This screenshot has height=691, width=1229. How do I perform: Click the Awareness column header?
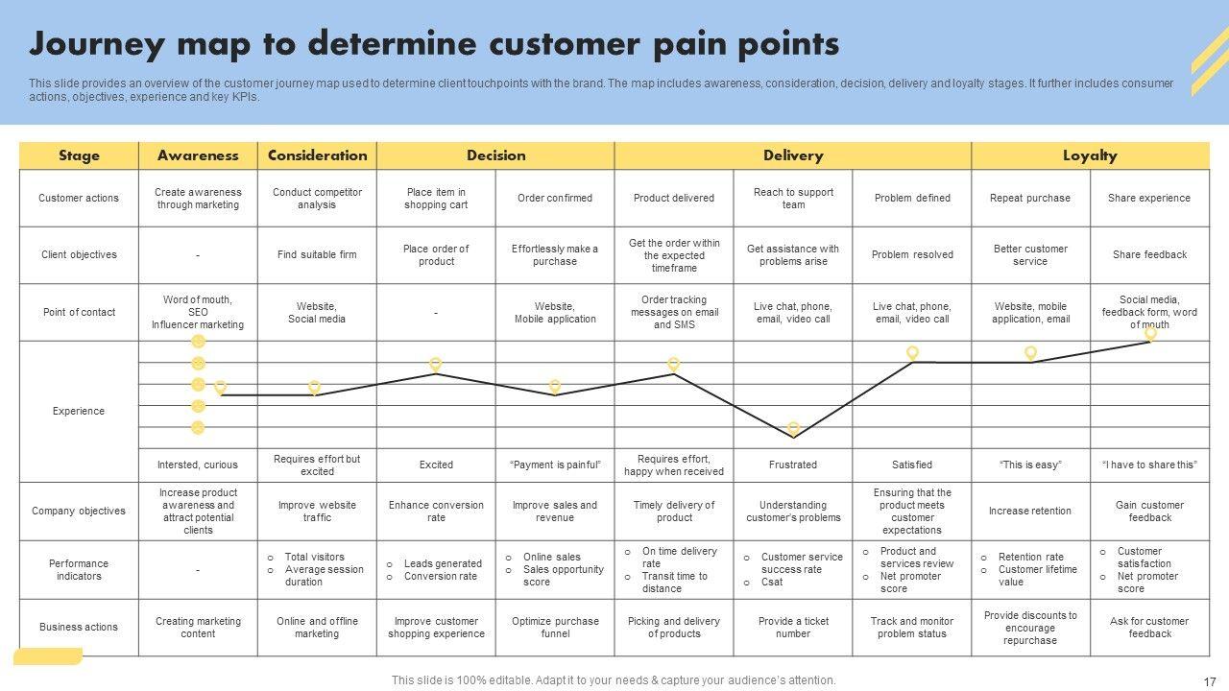pos(198,155)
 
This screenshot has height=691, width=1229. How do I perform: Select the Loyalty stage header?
pos(1090,155)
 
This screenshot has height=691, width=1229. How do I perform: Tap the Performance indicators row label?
pos(79,570)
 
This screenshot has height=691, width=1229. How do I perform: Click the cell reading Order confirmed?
pos(555,198)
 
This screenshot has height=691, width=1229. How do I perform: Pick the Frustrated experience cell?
pos(793,465)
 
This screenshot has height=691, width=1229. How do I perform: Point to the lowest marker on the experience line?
pos(793,428)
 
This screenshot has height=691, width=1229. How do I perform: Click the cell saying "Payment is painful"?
pos(555,465)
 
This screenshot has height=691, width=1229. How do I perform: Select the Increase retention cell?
pos(1030,511)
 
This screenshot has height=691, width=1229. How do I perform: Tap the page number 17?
pos(1209,681)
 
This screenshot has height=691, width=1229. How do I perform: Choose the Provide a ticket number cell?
pos(793,627)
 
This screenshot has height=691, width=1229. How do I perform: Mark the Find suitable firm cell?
pos(317,254)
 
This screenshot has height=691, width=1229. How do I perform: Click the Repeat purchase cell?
pos(1030,198)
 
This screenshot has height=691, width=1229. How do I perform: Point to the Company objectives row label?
pos(79,511)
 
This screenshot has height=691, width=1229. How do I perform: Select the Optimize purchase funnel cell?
pos(555,627)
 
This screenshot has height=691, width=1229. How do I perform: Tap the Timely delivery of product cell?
pos(674,511)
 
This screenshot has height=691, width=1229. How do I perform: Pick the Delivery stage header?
pos(793,155)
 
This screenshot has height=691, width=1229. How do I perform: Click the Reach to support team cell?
pos(793,198)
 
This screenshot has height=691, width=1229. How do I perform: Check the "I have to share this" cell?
pos(1149,465)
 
